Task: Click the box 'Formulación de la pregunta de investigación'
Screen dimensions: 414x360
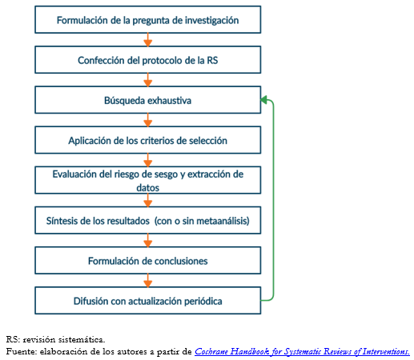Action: (147, 20)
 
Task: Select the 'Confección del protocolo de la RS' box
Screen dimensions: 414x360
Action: (147, 60)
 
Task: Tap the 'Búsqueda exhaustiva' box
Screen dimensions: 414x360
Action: (147, 100)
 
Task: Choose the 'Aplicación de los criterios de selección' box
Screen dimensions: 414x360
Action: (147, 140)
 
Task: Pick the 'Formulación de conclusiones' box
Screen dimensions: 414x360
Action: (147, 261)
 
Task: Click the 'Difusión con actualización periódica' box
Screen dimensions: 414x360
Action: (147, 301)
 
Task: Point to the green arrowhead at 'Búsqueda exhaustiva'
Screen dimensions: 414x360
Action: (263, 100)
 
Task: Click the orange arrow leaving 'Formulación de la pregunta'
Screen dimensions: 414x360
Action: (148, 40)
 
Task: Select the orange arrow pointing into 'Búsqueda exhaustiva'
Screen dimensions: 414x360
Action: (148, 80)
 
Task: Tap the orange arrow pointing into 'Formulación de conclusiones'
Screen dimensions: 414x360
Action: (148, 240)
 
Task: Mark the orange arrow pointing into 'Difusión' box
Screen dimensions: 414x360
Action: (148, 281)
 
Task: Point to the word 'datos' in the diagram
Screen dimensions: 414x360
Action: (147, 188)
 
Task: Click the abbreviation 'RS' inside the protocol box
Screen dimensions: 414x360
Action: (212, 60)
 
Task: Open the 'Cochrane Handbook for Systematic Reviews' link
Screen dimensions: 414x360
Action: (302, 351)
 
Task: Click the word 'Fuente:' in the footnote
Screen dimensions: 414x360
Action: (22, 351)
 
